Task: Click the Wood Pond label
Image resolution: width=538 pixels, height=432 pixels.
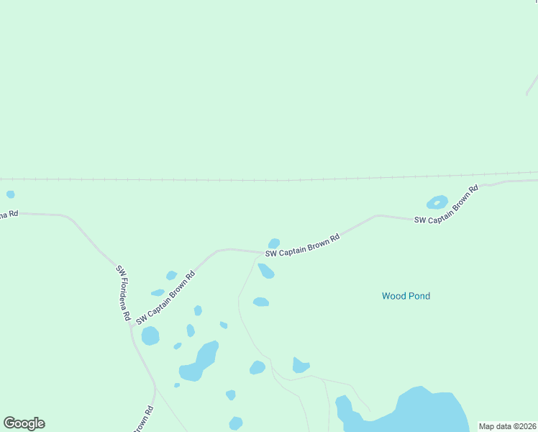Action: click(x=406, y=296)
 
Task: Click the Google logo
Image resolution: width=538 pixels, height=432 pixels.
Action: click(x=24, y=423)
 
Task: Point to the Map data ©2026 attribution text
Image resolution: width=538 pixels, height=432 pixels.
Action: click(x=507, y=426)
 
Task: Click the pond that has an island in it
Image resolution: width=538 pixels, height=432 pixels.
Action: click(x=437, y=203)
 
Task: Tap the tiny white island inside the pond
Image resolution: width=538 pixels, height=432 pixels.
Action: click(x=437, y=202)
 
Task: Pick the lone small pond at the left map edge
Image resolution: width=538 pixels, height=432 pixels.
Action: click(x=10, y=194)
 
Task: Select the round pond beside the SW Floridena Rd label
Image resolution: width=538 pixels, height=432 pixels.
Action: click(x=150, y=336)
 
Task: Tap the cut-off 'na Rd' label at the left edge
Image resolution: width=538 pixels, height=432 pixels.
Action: click(x=9, y=214)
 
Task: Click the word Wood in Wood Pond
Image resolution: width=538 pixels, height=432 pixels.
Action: click(x=394, y=296)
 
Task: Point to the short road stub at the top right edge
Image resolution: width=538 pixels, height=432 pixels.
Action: click(x=532, y=84)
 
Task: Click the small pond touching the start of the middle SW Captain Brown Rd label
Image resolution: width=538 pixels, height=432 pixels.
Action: click(x=273, y=243)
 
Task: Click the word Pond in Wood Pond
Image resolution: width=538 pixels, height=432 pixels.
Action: click(x=419, y=296)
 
